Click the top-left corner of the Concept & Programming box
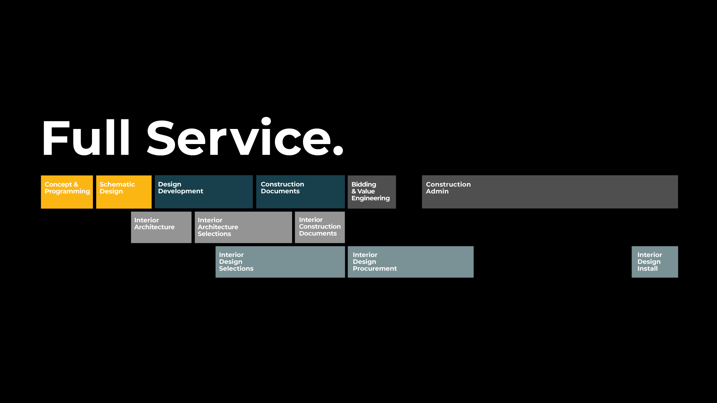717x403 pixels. pos(41,176)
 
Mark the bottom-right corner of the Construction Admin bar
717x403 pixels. pos(678,208)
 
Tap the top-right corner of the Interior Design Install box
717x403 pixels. pos(678,246)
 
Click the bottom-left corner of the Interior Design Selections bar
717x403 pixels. pos(216,277)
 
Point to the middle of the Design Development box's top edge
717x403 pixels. pos(204,176)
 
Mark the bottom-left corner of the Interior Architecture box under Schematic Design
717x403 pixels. pos(131,243)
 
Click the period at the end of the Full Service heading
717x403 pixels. pos(338,150)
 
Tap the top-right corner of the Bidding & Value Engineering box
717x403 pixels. pos(396,176)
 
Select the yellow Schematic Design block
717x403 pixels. pos(124,192)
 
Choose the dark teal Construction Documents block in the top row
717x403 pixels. pos(301,192)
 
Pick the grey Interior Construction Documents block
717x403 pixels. pos(320,227)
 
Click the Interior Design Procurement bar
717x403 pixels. pos(410,262)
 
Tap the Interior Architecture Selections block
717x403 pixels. pos(243,227)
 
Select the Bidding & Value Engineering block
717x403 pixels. pos(372,192)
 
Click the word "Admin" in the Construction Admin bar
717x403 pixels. pos(437,191)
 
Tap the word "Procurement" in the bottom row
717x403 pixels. pos(375,269)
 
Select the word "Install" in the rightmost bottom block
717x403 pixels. pos(648,269)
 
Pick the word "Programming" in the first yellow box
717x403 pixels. pos(67,192)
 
